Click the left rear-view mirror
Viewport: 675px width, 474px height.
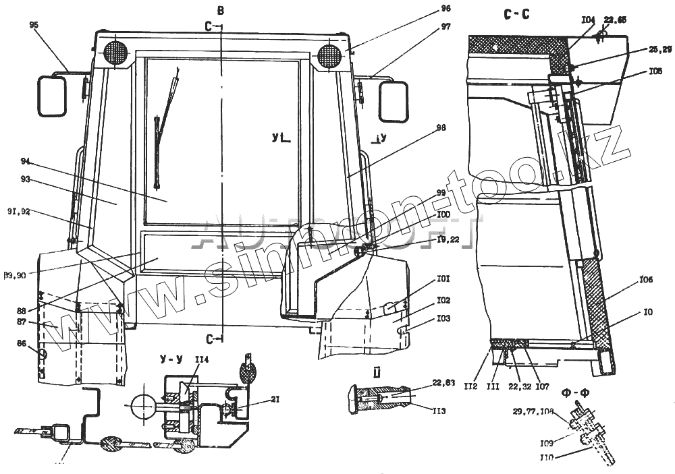(x=51, y=95)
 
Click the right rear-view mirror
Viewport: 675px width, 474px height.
(x=394, y=101)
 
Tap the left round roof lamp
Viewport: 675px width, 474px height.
(x=115, y=53)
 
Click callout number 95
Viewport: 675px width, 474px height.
(x=34, y=25)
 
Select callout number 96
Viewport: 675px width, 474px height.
(x=427, y=9)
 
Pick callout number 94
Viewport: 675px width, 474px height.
(x=26, y=161)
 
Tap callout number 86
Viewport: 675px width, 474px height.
(x=22, y=344)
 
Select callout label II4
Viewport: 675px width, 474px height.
(x=202, y=360)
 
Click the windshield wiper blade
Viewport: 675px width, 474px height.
(x=158, y=152)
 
